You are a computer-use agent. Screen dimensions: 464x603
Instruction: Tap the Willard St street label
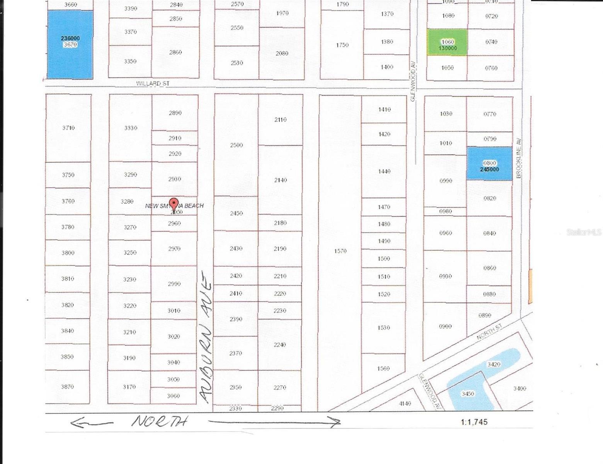click(153, 84)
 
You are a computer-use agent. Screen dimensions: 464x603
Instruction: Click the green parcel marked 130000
click(447, 42)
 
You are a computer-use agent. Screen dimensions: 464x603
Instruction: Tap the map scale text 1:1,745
click(474, 422)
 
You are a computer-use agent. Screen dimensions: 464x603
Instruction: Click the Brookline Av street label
click(519, 158)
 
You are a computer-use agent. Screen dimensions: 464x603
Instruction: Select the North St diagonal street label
click(489, 332)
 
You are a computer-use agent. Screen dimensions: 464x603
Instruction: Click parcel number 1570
click(340, 251)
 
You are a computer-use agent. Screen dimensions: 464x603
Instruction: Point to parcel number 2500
click(237, 145)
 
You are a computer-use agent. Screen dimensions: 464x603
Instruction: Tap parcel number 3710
click(68, 128)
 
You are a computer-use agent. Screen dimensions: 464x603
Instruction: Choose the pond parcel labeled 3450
click(468, 394)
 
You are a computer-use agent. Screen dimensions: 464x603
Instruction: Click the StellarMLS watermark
click(584, 232)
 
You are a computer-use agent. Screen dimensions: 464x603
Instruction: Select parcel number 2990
click(174, 284)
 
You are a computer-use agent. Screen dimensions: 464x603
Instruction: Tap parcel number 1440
click(384, 171)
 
